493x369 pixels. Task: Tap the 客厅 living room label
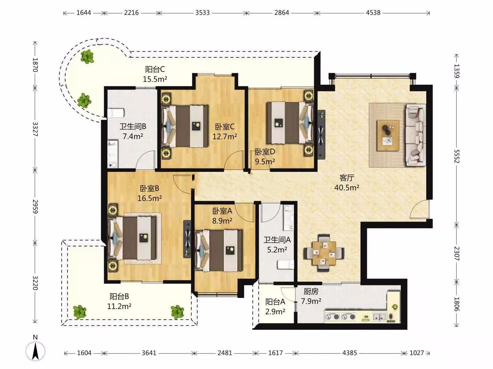coord(346,178)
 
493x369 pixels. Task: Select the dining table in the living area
coord(324,253)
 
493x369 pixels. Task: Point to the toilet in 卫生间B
coord(116,113)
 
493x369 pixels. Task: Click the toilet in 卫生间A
coord(286,264)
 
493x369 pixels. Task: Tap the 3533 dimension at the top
coord(202,13)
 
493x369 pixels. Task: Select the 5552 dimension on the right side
coord(457,156)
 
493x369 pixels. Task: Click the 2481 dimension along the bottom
coord(225,353)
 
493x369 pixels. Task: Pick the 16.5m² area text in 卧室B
coord(150,198)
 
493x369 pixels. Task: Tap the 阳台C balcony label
coord(155,69)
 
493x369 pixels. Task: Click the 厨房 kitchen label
coord(311,291)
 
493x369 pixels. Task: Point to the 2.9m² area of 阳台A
coord(275,312)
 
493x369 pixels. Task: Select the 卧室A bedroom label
coord(222,211)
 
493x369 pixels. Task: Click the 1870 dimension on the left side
coord(35,65)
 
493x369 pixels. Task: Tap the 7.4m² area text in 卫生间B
coord(133,136)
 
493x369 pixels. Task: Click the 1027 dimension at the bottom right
coord(417,353)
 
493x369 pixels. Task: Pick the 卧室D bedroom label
coord(265,152)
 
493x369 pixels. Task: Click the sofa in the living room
coord(416,135)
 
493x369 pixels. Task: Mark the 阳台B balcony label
coord(119,297)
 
